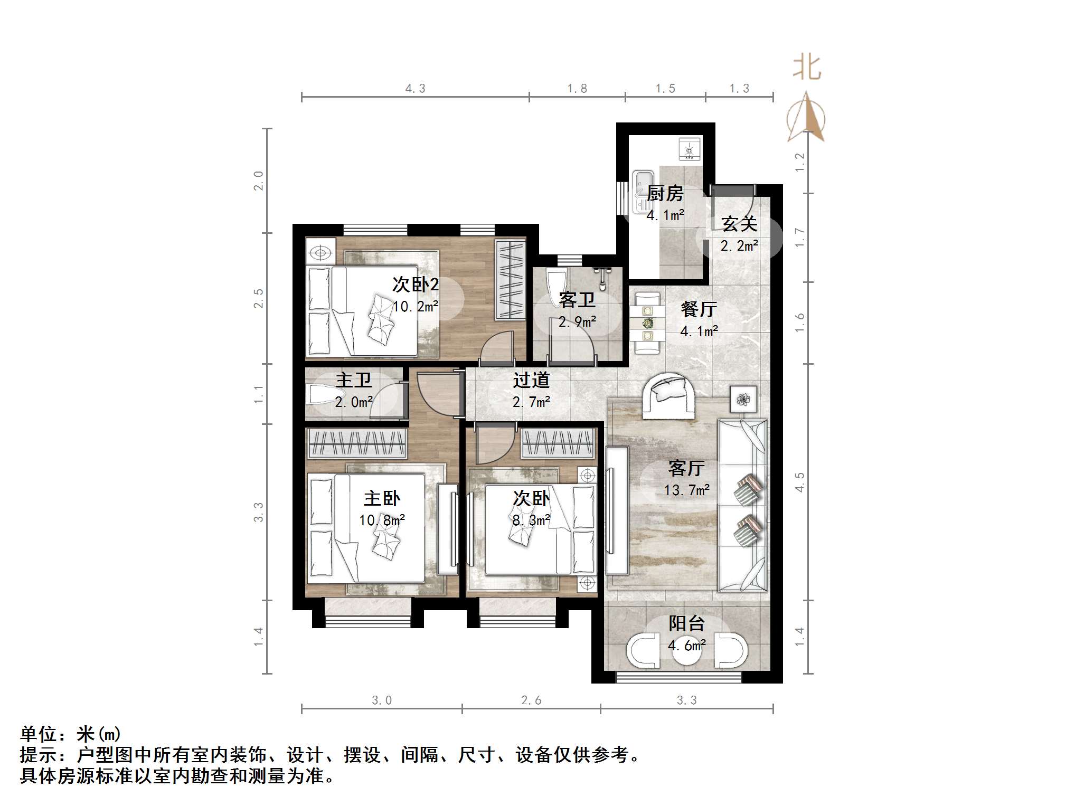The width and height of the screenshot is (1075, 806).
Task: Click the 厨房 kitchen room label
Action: tap(665, 194)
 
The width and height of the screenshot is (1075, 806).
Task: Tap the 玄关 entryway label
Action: tap(739, 224)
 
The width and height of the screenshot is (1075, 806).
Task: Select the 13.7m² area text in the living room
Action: tap(686, 490)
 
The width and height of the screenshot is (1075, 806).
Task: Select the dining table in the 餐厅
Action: tap(647, 322)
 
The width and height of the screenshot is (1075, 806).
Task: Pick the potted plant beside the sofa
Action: tap(743, 400)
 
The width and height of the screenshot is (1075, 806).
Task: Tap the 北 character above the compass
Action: tap(807, 68)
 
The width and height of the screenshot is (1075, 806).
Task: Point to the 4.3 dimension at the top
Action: tap(415, 89)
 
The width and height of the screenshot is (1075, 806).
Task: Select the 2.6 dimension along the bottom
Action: tap(531, 700)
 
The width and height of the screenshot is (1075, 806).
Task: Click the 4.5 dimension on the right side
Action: tap(800, 482)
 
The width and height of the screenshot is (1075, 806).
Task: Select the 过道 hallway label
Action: tap(531, 380)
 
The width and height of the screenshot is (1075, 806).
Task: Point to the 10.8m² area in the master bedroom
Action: tap(382, 520)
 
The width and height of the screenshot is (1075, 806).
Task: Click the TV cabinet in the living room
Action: tap(617, 510)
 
